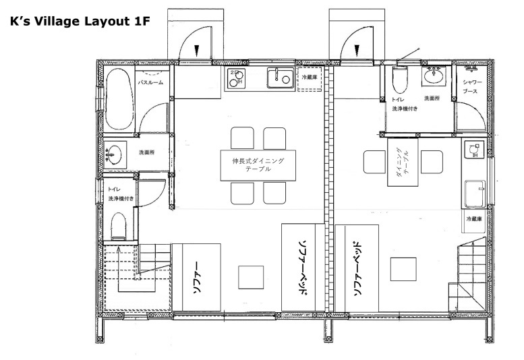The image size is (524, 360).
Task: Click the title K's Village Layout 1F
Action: (x=80, y=22)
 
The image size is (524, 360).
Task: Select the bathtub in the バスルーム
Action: (x=119, y=99)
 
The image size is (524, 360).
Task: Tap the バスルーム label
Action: (x=150, y=82)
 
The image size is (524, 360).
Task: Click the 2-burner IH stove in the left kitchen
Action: (x=236, y=78)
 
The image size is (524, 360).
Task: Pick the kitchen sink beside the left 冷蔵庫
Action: (x=281, y=78)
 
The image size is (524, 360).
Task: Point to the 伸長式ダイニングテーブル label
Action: (x=258, y=164)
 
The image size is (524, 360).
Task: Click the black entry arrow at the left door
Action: (x=196, y=50)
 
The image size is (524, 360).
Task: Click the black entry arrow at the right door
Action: (x=357, y=50)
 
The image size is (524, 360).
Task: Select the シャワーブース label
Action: (x=472, y=86)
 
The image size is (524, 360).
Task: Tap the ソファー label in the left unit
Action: (x=198, y=278)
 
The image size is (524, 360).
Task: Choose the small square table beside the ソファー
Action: (x=251, y=277)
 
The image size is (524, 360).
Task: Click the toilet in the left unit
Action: (x=118, y=227)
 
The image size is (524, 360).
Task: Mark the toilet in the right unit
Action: (x=400, y=80)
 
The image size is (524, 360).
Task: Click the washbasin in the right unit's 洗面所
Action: (x=434, y=76)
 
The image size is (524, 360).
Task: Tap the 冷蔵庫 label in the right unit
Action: (x=474, y=219)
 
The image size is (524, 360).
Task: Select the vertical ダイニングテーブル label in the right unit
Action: (x=403, y=162)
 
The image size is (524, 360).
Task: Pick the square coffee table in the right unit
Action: (x=403, y=269)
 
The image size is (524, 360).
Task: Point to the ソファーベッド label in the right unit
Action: (x=357, y=268)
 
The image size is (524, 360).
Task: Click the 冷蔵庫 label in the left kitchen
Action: (x=310, y=78)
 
